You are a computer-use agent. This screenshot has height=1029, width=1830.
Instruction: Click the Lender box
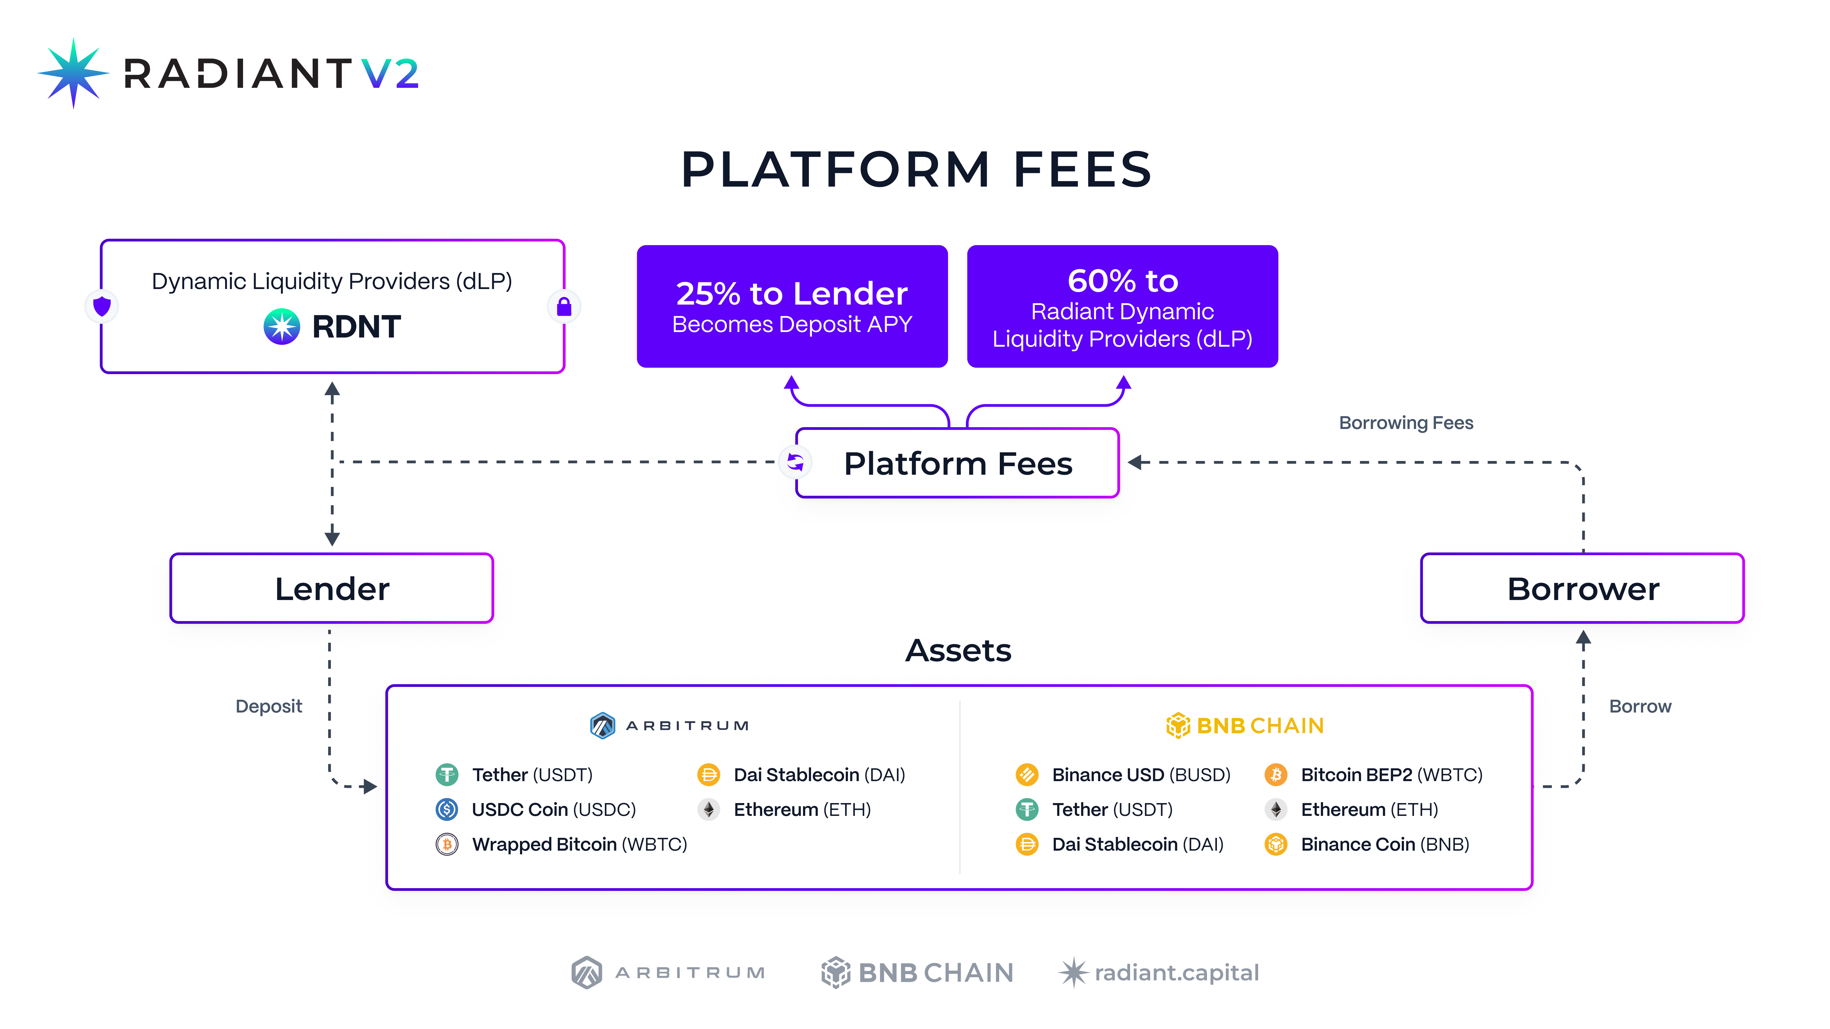coord(332,588)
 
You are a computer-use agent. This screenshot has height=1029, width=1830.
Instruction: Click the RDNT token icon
coord(282,327)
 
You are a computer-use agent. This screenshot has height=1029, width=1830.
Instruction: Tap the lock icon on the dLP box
coord(564,307)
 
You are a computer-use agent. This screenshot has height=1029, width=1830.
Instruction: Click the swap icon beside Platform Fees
coord(795,462)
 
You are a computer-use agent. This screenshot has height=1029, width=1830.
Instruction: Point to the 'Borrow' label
coord(1640,706)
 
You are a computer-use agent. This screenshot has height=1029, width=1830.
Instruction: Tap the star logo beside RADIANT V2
coord(73,73)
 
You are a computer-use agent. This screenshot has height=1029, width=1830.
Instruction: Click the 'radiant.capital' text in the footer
coord(1176,972)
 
